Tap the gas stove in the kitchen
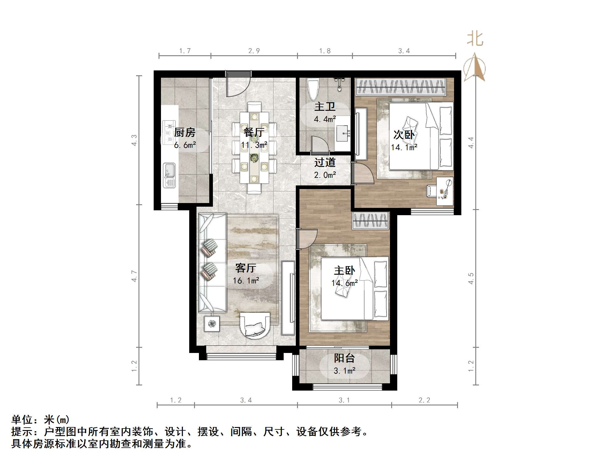(169, 132)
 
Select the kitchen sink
(169, 175)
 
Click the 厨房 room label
(185, 132)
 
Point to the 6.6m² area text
(185, 145)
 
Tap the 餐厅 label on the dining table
(254, 132)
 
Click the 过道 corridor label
(325, 162)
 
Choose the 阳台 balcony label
(344, 358)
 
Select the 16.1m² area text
(246, 280)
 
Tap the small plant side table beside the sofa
(212, 324)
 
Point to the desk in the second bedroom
(445, 191)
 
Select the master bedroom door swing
(307, 239)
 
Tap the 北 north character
(475, 39)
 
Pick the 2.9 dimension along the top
(254, 51)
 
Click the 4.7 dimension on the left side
(134, 276)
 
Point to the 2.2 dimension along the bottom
(424, 400)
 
